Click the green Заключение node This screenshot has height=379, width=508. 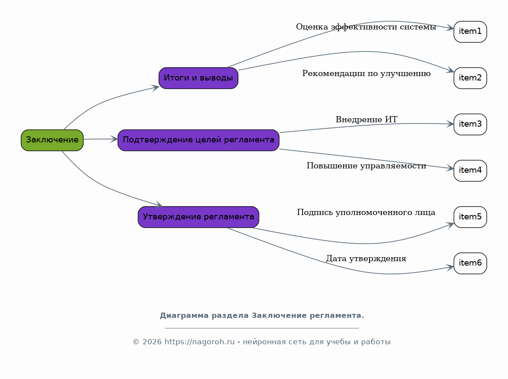point(52,140)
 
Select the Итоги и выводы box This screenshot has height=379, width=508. point(198,78)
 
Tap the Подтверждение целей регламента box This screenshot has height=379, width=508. point(198,140)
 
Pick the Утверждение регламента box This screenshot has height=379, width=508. point(198,217)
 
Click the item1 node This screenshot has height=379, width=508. point(470,32)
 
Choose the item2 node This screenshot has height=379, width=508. point(470,78)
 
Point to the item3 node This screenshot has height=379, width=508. point(470,124)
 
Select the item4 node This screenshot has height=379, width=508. point(470,171)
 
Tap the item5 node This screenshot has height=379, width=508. point(470,217)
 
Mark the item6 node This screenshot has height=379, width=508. point(470,263)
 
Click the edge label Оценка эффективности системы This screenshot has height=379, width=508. point(366,27)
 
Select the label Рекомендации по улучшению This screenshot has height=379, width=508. point(366,73)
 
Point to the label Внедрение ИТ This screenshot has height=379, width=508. point(366,120)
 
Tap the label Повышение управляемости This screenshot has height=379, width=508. point(366,166)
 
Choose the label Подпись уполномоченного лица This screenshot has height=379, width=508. point(366,212)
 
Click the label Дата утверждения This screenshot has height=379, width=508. point(366,259)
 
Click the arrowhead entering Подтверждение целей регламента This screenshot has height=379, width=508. point(114,139)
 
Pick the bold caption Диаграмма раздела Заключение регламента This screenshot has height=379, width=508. point(262,316)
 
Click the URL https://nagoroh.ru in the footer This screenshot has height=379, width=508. point(200,342)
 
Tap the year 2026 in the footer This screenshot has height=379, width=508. point(152,342)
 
